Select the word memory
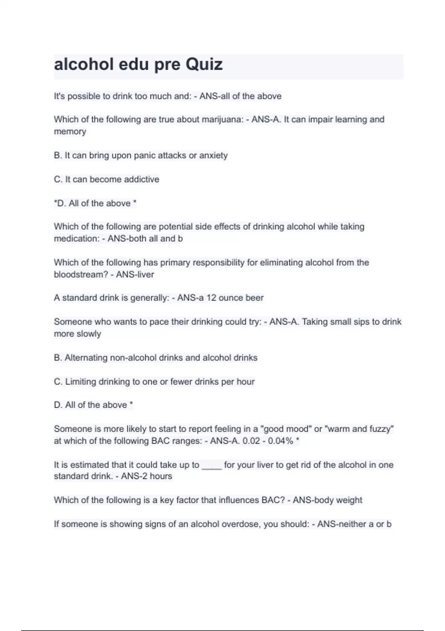(70, 132)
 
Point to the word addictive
(142, 179)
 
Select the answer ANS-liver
(135, 275)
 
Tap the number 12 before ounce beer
(211, 298)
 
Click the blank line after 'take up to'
(212, 465)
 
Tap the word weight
(349, 500)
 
